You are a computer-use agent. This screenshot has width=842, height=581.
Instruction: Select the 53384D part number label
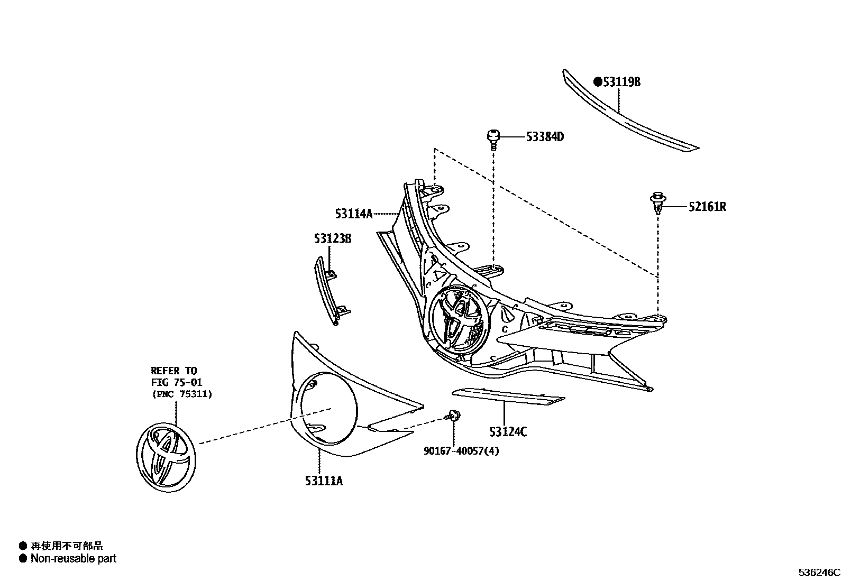point(545,137)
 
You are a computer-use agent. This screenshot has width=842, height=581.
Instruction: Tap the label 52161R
point(707,207)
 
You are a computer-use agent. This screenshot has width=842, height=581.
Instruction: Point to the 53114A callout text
point(353,214)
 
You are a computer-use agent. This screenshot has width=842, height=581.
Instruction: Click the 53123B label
point(332,238)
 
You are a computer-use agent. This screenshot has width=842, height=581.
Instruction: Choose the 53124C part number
point(508,432)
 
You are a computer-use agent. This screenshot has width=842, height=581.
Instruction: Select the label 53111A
point(324,481)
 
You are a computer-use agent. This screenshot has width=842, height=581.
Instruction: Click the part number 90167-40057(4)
point(461,451)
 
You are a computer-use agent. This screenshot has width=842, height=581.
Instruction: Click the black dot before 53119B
point(598,82)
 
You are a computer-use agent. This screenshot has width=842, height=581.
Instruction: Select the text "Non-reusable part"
point(73,558)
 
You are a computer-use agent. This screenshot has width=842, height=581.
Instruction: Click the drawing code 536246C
point(819,573)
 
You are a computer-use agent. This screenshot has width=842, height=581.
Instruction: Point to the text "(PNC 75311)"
point(181,394)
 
